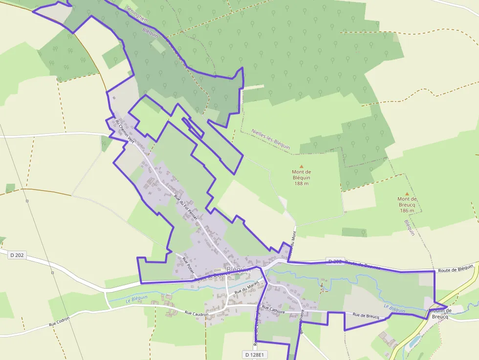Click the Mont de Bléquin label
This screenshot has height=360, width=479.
(x=301, y=174)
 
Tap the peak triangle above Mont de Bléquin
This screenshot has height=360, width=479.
(x=301, y=167)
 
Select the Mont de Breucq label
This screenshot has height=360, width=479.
(x=407, y=202)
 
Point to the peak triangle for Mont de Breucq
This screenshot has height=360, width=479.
(x=407, y=193)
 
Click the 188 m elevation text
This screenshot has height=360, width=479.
(x=301, y=183)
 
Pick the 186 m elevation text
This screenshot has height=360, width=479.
(x=407, y=211)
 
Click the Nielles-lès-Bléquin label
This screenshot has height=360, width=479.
(x=270, y=139)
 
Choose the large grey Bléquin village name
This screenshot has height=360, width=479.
(x=239, y=270)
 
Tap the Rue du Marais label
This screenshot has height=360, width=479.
(x=246, y=288)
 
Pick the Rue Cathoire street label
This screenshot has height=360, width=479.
(x=273, y=308)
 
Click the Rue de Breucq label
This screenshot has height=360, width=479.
(x=366, y=316)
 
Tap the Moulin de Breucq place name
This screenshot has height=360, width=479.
(x=439, y=314)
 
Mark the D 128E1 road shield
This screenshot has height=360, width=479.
(x=254, y=354)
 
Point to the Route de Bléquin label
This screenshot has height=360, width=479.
(x=456, y=269)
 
